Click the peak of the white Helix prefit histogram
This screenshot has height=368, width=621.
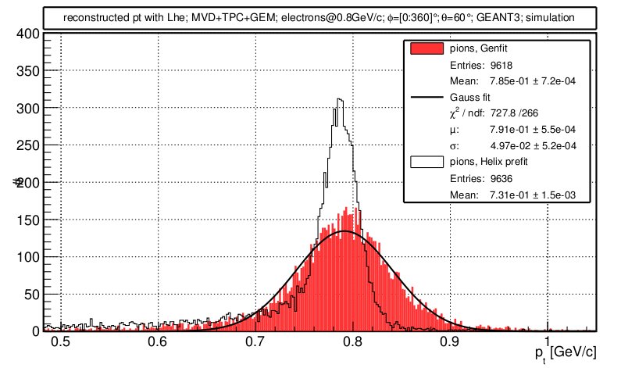339,99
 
